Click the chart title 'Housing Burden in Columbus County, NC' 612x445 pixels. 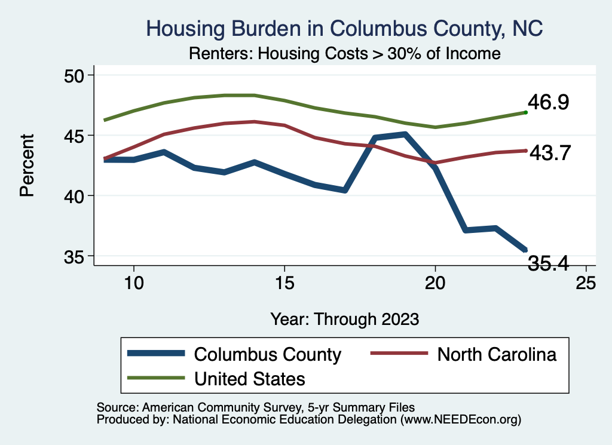(x=345, y=28)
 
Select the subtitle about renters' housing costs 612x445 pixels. (x=344, y=53)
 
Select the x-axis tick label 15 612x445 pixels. (x=284, y=282)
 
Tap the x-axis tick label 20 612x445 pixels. (x=435, y=282)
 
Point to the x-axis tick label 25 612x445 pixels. (x=586, y=282)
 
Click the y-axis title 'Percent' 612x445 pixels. (x=26, y=165)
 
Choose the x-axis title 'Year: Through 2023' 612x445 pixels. (x=344, y=318)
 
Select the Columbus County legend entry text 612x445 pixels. (x=267, y=354)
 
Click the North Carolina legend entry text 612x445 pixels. (x=497, y=354)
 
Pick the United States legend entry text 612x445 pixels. (x=249, y=378)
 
